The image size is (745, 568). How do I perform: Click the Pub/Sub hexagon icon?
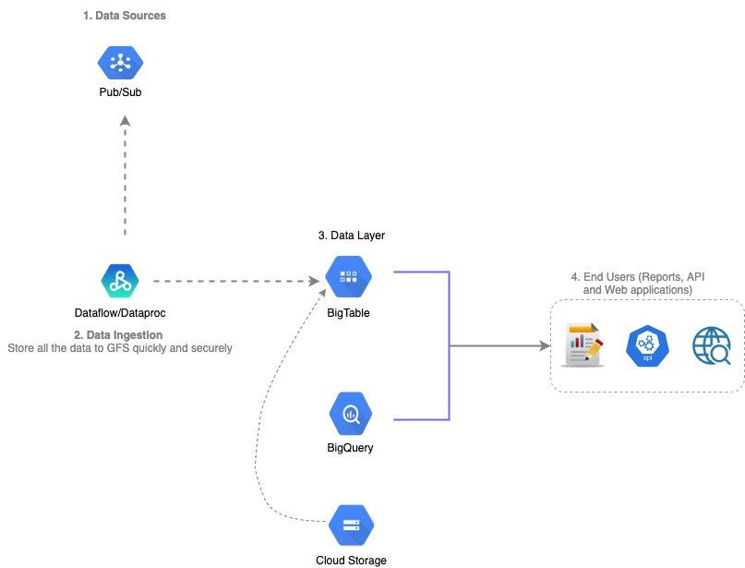point(120,63)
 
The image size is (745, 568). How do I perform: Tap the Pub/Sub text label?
point(120,92)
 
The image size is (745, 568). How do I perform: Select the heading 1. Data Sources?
point(125,16)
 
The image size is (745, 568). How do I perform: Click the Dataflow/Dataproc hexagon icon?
point(119,280)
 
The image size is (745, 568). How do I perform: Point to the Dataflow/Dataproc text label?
point(120,313)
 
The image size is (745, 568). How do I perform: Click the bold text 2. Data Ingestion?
point(118,334)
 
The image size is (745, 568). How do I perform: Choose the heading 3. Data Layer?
point(351,236)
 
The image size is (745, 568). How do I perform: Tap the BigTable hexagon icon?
point(349,275)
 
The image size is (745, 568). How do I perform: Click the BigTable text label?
point(349,313)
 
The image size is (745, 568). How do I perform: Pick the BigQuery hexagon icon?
point(351,414)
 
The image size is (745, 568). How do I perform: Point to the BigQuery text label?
point(351,448)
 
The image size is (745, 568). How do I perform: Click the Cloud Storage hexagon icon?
point(351,526)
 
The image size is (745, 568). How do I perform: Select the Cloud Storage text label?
point(351,560)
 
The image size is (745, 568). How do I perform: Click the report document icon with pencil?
point(583,345)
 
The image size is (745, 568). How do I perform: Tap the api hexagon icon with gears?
point(646,346)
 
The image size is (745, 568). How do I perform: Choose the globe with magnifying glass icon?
point(712,346)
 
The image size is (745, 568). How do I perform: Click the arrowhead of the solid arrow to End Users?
point(545,346)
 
